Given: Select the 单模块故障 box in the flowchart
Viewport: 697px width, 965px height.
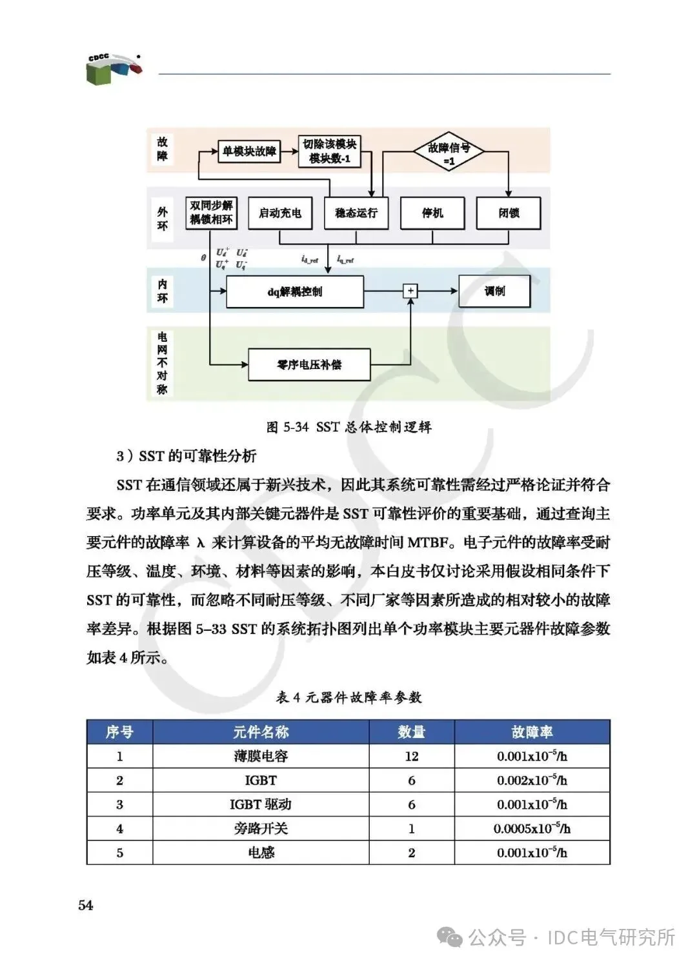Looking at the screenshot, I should (x=249, y=152).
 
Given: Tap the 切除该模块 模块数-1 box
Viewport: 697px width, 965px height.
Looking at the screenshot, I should (x=329, y=152).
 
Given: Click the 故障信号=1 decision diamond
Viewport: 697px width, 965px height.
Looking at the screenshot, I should (x=449, y=154).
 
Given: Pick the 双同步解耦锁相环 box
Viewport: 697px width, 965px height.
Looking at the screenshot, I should (x=211, y=213).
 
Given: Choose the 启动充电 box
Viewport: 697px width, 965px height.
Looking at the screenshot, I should (x=280, y=214).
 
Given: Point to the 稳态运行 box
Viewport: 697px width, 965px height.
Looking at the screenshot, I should (x=356, y=214).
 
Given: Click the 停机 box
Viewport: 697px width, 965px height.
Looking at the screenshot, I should (x=432, y=214).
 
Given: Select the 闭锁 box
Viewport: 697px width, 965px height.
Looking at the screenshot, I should (x=509, y=214).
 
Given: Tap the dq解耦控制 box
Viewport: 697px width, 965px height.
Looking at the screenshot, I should (x=295, y=292).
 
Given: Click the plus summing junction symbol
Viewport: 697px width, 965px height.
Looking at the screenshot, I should (x=410, y=291).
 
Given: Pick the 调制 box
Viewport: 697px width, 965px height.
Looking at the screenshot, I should (x=494, y=291).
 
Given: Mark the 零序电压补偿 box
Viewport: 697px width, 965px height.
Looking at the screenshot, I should (x=309, y=365).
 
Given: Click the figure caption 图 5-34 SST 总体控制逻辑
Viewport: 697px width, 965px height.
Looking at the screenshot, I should (x=348, y=427).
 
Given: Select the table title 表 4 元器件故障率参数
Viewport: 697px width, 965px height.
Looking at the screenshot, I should (x=348, y=697).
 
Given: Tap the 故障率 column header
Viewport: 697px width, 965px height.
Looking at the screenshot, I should (x=532, y=732).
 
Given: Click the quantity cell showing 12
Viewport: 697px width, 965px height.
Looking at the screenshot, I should (x=412, y=757).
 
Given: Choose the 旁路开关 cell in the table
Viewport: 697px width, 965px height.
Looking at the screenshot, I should (x=261, y=829).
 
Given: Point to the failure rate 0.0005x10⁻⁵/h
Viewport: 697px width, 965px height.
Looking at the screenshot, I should (x=532, y=829).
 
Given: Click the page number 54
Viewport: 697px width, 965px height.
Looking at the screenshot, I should (x=86, y=906).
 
